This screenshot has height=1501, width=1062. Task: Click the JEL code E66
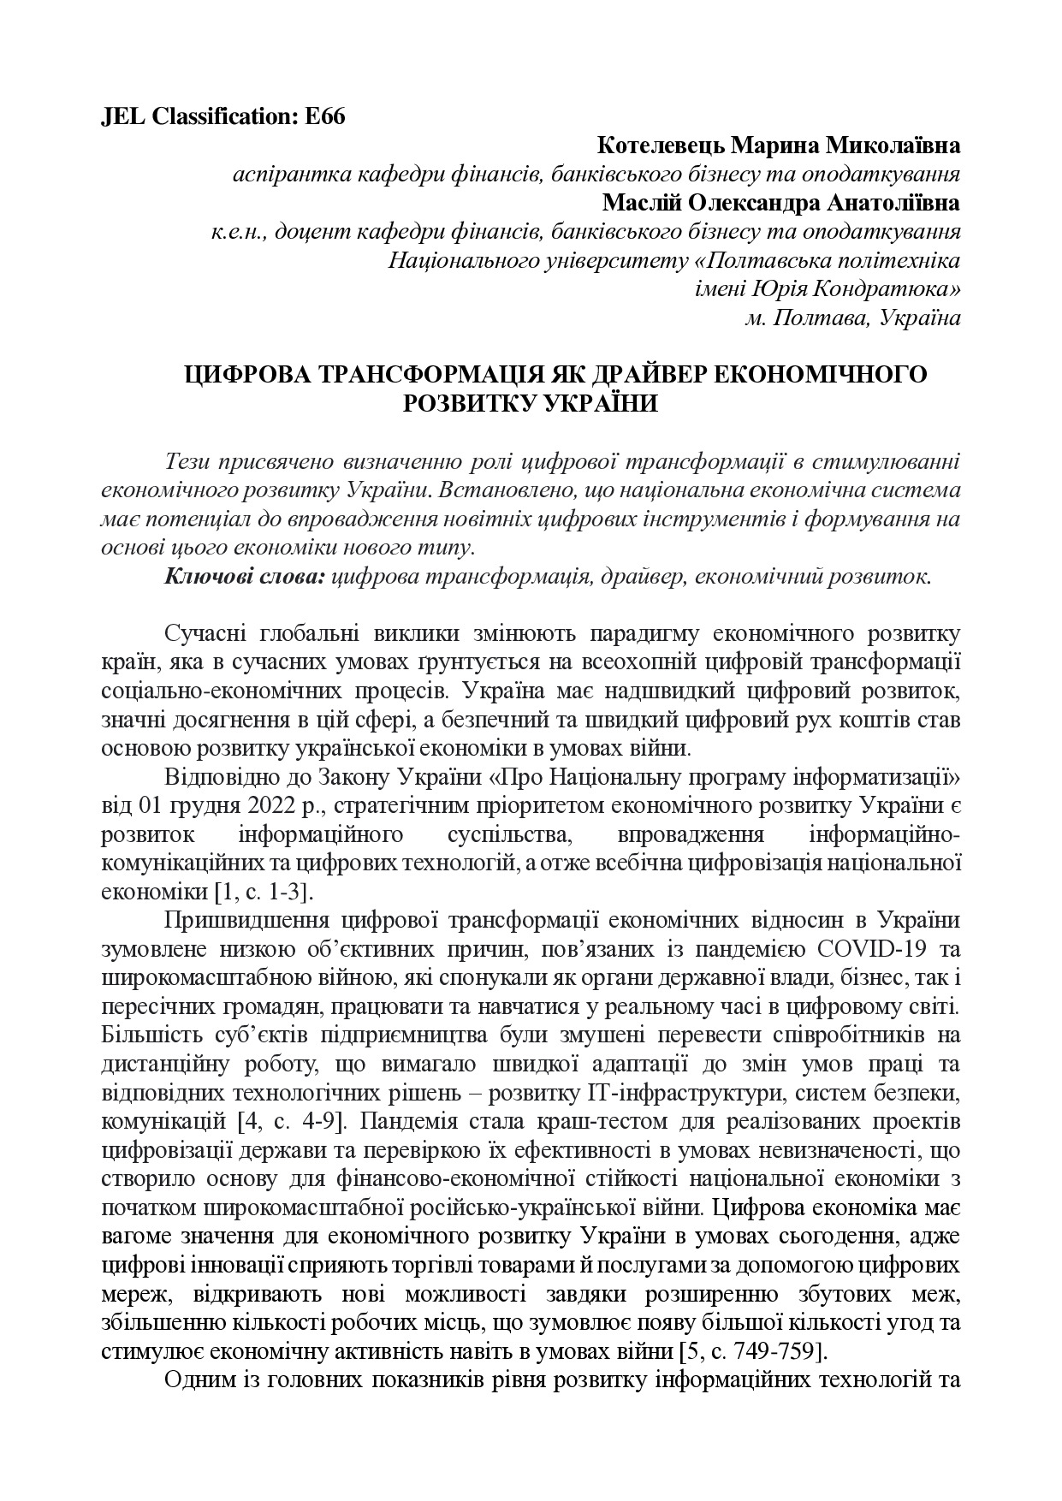325,117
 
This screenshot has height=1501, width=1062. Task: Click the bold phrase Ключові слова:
244,576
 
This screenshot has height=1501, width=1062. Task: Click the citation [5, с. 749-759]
752,1351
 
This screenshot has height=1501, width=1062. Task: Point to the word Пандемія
420,1121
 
